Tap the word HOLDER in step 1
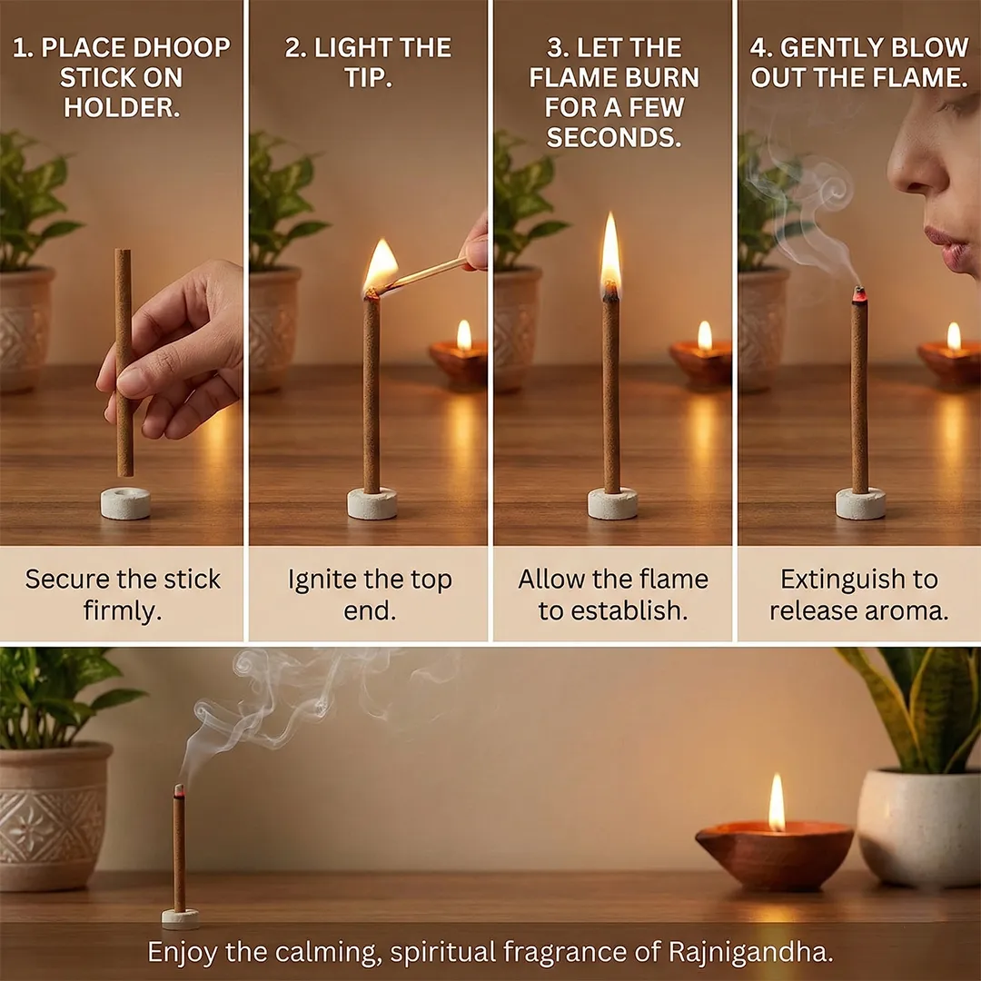tap(122, 107)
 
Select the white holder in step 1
tap(125, 503)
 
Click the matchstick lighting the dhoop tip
tap(421, 275)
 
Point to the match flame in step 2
tap(381, 264)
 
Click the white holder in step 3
tap(612, 503)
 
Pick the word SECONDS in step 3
tap(614, 137)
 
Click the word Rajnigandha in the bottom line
tap(751, 952)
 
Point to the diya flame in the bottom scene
tap(777, 803)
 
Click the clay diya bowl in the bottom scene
tap(775, 855)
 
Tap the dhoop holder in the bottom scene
tap(180, 918)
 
